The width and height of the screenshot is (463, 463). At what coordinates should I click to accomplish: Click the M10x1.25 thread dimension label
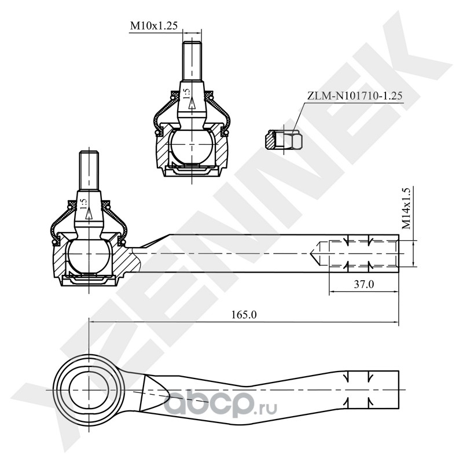point(153,25)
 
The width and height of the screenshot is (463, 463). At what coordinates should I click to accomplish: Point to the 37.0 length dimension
point(363,284)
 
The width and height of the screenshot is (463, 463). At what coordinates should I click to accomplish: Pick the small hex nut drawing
point(284,139)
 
